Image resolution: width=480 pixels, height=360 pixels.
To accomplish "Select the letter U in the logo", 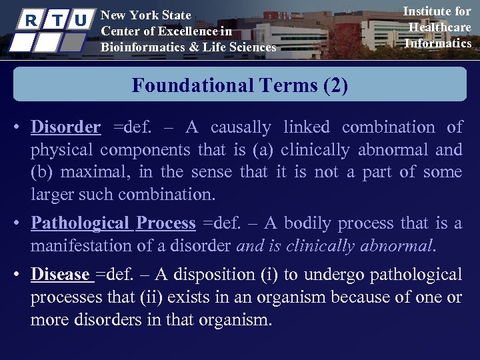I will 80,19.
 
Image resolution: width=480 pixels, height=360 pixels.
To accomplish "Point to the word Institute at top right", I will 437,11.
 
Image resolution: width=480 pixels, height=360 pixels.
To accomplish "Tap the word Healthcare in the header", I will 440,27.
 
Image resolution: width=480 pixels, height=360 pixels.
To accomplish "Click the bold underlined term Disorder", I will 66,127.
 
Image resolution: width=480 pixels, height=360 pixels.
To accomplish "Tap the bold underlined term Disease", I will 60,274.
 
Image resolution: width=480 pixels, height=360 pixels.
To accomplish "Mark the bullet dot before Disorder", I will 21,127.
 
